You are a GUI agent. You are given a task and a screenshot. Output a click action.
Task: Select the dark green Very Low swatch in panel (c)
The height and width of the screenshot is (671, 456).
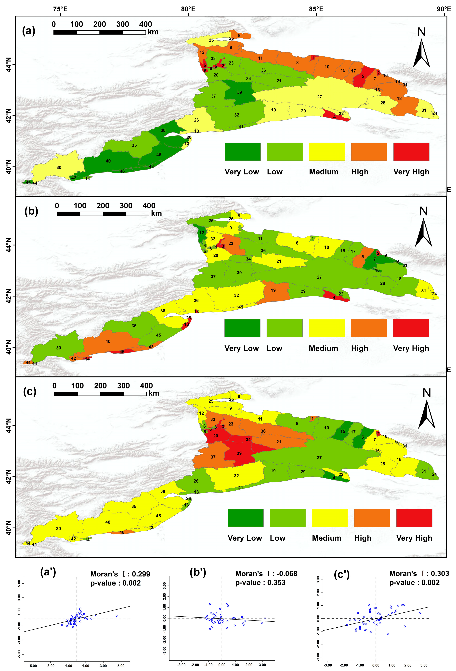point(245,518)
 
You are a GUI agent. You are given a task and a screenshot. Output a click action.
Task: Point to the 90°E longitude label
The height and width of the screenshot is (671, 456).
point(444,9)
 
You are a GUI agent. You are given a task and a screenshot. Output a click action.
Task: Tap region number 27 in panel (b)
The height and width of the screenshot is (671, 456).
point(319,277)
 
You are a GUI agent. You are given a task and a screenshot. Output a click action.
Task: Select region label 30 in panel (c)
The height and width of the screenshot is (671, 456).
point(58,528)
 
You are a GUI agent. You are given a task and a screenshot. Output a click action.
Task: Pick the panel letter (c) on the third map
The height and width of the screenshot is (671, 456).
point(30,392)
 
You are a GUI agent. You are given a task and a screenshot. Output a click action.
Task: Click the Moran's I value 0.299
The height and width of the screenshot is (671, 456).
point(141,574)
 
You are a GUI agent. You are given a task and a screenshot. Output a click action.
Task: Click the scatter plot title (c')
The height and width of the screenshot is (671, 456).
point(342,575)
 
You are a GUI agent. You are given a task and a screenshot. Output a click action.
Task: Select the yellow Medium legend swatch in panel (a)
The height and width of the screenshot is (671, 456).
point(327,152)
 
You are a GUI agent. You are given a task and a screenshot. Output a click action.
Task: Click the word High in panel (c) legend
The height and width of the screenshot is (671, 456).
point(363,538)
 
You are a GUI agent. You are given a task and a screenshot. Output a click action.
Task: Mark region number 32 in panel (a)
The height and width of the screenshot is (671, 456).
point(237,115)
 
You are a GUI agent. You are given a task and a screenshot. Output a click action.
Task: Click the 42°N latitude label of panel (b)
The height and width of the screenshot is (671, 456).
point(9,296)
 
